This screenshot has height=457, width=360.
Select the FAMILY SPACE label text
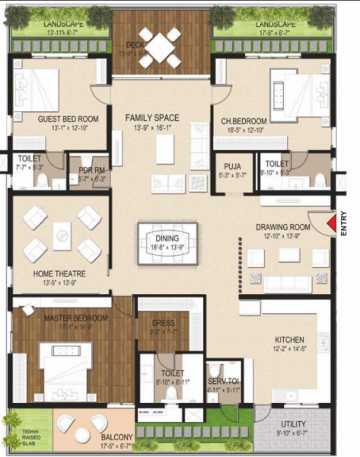[x=152, y=117]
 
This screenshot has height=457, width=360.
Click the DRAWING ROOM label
[x=282, y=227]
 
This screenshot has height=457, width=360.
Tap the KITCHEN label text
[x=290, y=339]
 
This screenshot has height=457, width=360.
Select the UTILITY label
[x=292, y=424]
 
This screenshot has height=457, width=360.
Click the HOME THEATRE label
[x=59, y=273]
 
